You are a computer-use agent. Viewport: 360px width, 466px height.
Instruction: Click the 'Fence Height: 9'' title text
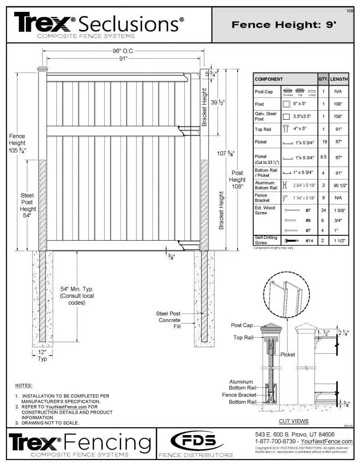[x=284, y=25]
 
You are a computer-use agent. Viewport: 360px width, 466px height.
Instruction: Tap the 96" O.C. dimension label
[x=123, y=51]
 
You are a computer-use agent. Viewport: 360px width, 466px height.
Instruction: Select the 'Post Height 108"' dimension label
[x=238, y=180]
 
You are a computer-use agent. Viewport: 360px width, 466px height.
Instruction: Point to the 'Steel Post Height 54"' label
[x=28, y=206]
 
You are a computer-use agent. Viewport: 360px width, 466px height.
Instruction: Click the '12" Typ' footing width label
[x=42, y=355]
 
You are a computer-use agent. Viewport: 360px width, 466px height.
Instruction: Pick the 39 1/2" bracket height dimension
[x=218, y=103]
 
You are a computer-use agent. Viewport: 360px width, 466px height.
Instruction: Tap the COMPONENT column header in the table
[x=269, y=79]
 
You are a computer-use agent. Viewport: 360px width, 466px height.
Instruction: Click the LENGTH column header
[x=339, y=79]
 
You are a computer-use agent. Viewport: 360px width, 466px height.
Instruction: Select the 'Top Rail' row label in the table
[x=263, y=129]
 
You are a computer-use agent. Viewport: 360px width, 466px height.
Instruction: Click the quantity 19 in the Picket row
[x=323, y=142]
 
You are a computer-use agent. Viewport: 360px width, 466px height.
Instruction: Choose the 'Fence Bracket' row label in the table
[x=262, y=198]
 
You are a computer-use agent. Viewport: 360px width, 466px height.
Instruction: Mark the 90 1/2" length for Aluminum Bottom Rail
[x=339, y=185]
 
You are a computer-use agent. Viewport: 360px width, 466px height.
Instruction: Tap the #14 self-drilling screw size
[x=309, y=240]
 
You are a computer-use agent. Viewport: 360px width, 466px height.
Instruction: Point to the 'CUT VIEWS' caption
[x=294, y=421]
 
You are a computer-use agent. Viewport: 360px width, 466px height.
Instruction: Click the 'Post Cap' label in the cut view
[x=242, y=325]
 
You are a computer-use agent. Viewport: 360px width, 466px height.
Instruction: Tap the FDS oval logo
[x=196, y=441]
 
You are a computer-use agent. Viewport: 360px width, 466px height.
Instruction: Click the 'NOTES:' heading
[x=23, y=385]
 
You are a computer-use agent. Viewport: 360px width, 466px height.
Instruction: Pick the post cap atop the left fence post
[x=42, y=70]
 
